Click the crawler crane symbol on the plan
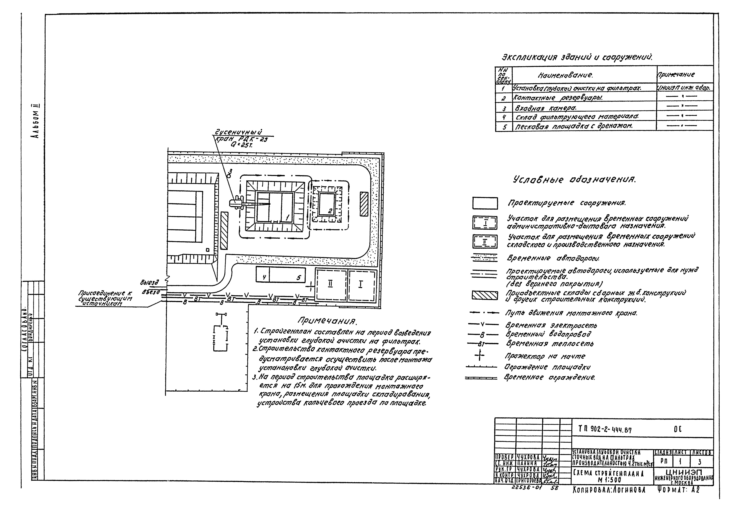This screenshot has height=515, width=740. pyautogui.click(x=237, y=203)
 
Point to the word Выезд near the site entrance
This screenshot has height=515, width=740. pyautogui.click(x=150, y=282)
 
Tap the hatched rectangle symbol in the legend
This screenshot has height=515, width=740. pyautogui.click(x=485, y=295)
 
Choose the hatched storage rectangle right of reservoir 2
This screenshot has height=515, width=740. pyautogui.click(x=364, y=204)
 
